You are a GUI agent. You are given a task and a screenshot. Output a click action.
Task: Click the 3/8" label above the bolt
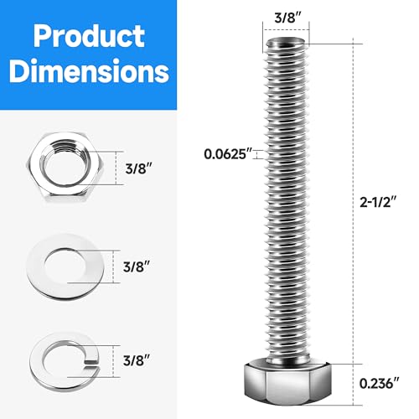[287, 15]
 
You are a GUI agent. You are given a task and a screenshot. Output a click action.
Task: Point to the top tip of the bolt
[287, 39]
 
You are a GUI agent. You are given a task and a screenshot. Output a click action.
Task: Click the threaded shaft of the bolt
[287, 209]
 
